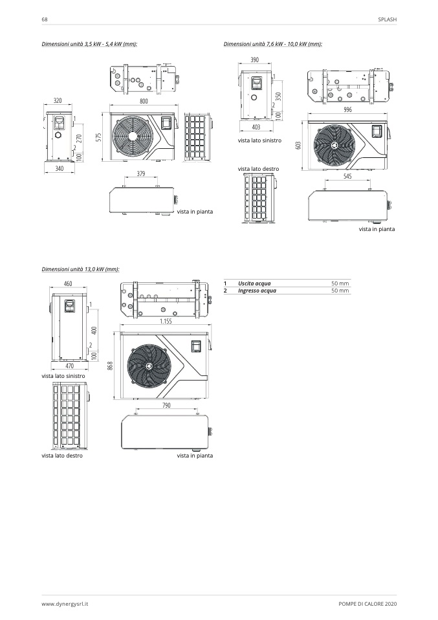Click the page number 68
point(44,19)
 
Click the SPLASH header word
point(387,19)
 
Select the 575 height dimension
point(100,138)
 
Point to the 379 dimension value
point(141,173)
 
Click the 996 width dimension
point(348,110)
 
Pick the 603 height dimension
point(298,146)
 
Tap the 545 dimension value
point(348,177)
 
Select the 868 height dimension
point(111,365)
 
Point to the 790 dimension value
point(166,406)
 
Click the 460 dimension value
point(68,284)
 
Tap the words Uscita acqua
point(254,283)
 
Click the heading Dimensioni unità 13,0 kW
point(80,269)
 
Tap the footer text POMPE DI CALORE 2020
point(367,603)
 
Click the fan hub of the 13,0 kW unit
point(148,367)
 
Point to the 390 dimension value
point(255,60)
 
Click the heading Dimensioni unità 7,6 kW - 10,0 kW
point(272,44)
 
